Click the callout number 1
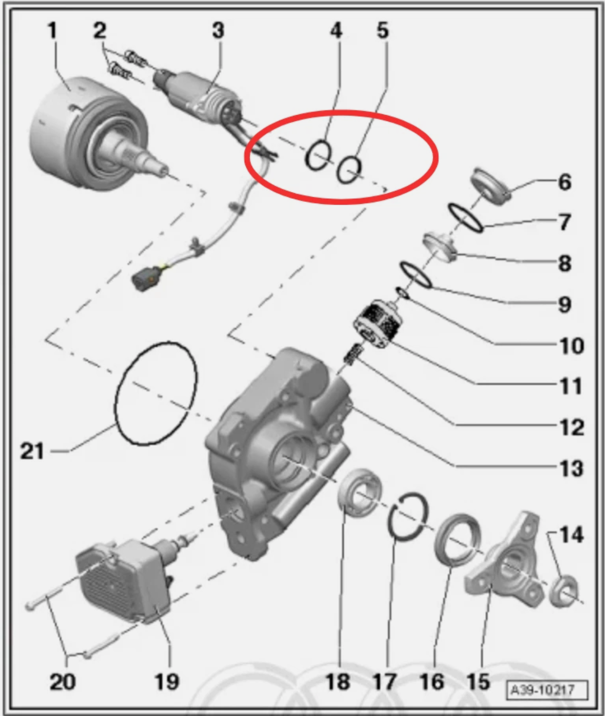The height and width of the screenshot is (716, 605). click(52, 30)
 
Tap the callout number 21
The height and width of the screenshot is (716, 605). click(32, 451)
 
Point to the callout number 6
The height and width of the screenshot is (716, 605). click(565, 182)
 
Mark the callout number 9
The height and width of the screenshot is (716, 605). click(565, 305)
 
